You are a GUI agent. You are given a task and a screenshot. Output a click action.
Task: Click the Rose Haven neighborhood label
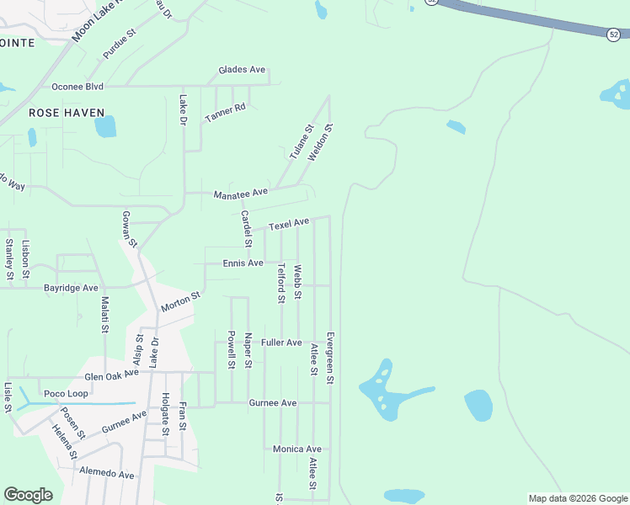[x=67, y=113]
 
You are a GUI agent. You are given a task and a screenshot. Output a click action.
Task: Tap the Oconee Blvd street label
[x=77, y=87]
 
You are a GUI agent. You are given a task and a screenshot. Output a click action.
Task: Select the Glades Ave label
[x=242, y=70]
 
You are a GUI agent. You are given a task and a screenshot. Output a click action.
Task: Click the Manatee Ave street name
[x=240, y=193]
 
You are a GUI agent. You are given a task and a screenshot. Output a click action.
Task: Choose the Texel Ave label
[x=289, y=224]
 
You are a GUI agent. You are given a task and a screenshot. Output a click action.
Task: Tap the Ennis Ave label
[x=243, y=263]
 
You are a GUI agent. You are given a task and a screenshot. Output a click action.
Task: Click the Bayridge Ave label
[x=71, y=288]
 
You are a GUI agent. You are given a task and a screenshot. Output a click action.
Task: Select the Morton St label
[x=180, y=302]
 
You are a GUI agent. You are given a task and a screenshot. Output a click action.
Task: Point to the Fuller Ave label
[x=281, y=343]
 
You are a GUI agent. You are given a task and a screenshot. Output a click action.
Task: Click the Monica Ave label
[x=296, y=449]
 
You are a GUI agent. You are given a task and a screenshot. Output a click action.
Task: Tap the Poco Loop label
[x=66, y=394]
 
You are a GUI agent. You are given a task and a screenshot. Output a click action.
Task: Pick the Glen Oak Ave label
[x=111, y=374]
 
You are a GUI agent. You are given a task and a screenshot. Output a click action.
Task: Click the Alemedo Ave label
[x=107, y=475]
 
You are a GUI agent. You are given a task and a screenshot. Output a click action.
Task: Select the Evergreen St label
[x=330, y=357]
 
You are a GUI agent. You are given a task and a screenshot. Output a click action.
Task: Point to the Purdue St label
[x=119, y=45]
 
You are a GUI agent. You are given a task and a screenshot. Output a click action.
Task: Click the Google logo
[x=28, y=495]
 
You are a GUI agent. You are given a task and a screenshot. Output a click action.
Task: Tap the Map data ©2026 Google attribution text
[x=578, y=498]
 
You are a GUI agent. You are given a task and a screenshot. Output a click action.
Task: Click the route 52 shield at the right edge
[x=613, y=34]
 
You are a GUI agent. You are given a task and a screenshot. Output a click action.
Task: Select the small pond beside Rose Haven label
[x=105, y=126]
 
